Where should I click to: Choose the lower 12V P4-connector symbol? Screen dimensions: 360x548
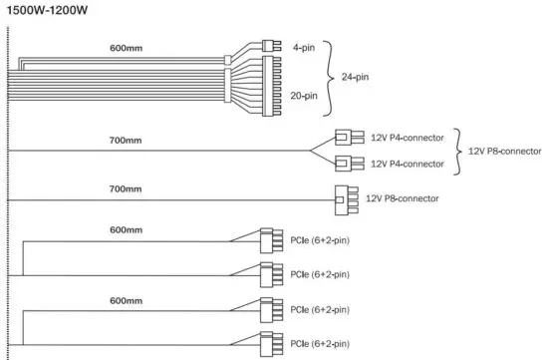(343, 164)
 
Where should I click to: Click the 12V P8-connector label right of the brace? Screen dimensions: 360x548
(504, 151)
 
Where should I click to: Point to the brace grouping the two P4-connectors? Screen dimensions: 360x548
(456, 151)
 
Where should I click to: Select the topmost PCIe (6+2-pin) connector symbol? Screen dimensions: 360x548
(268, 240)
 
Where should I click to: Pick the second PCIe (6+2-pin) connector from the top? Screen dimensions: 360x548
(268, 273)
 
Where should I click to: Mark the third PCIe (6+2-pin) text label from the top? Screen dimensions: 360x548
(319, 309)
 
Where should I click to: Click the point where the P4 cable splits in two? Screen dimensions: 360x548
(311, 151)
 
